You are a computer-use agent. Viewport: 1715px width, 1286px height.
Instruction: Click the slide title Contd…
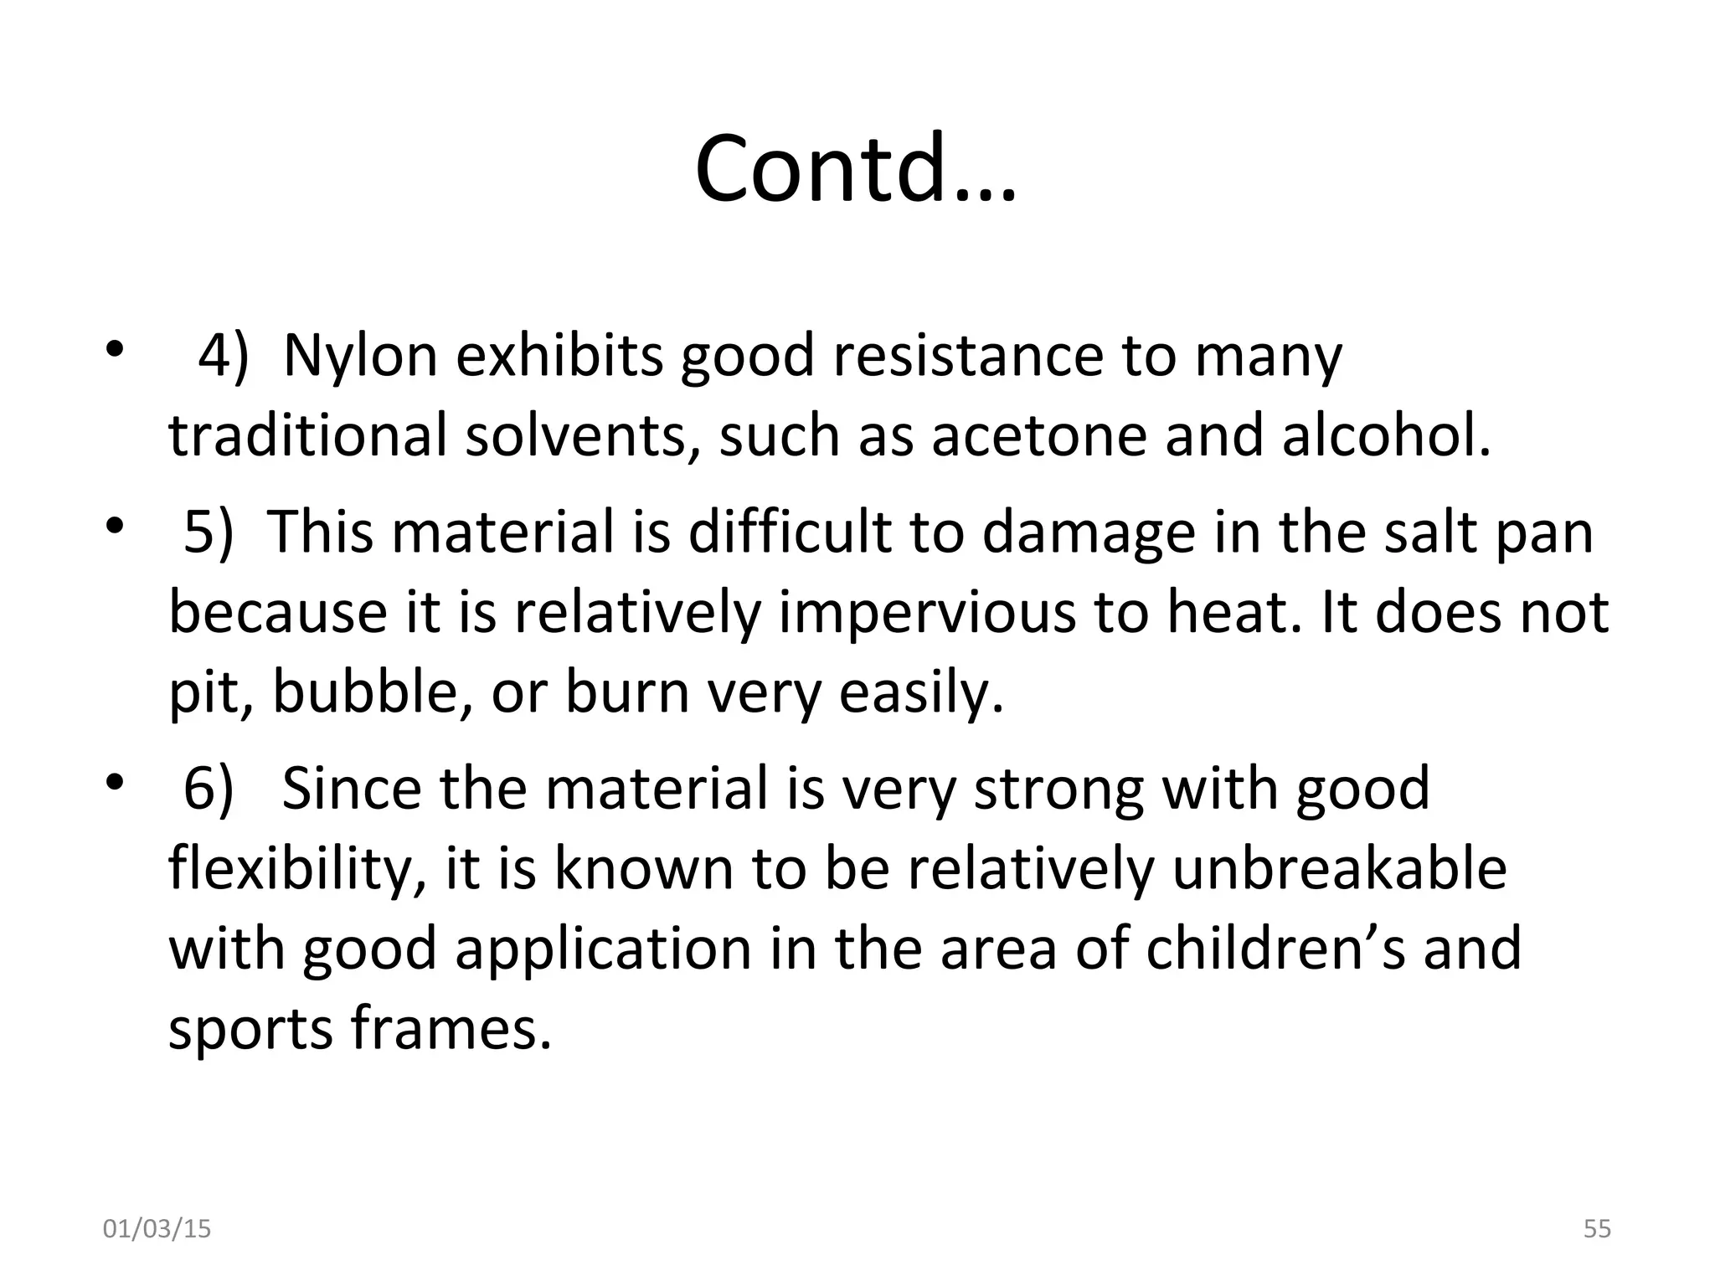(856, 169)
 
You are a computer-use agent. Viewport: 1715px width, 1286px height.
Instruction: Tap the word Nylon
(360, 356)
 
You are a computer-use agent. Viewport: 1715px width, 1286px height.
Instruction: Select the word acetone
(1039, 436)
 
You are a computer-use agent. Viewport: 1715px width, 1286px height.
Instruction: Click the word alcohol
(1386, 436)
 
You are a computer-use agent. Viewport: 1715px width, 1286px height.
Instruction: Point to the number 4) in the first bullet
(223, 356)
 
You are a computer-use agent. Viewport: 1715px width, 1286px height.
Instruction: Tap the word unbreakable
(1339, 869)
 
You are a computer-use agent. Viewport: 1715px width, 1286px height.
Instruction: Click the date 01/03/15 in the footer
(157, 1230)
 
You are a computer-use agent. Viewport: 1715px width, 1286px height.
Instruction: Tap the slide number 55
(1597, 1230)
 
